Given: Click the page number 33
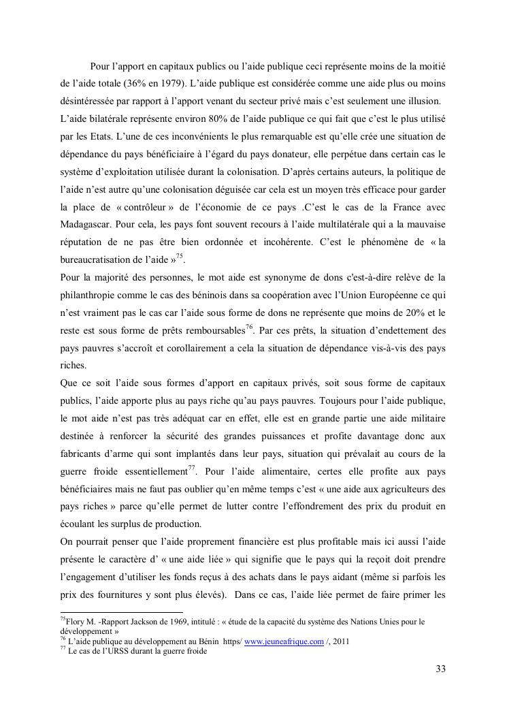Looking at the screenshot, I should pos(440,669).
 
